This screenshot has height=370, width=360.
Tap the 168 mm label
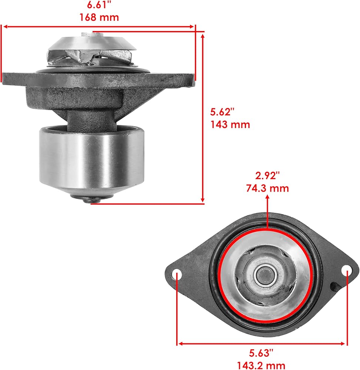click(99, 17)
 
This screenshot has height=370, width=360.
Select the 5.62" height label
click(222, 112)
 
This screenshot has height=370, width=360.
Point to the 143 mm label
click(230, 124)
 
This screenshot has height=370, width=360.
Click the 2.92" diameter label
click(267, 176)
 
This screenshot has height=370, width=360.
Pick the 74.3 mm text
click(267, 188)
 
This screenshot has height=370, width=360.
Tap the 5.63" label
click(261, 353)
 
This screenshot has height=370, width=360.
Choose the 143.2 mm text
click(261, 366)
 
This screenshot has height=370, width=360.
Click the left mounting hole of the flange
click(177, 275)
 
